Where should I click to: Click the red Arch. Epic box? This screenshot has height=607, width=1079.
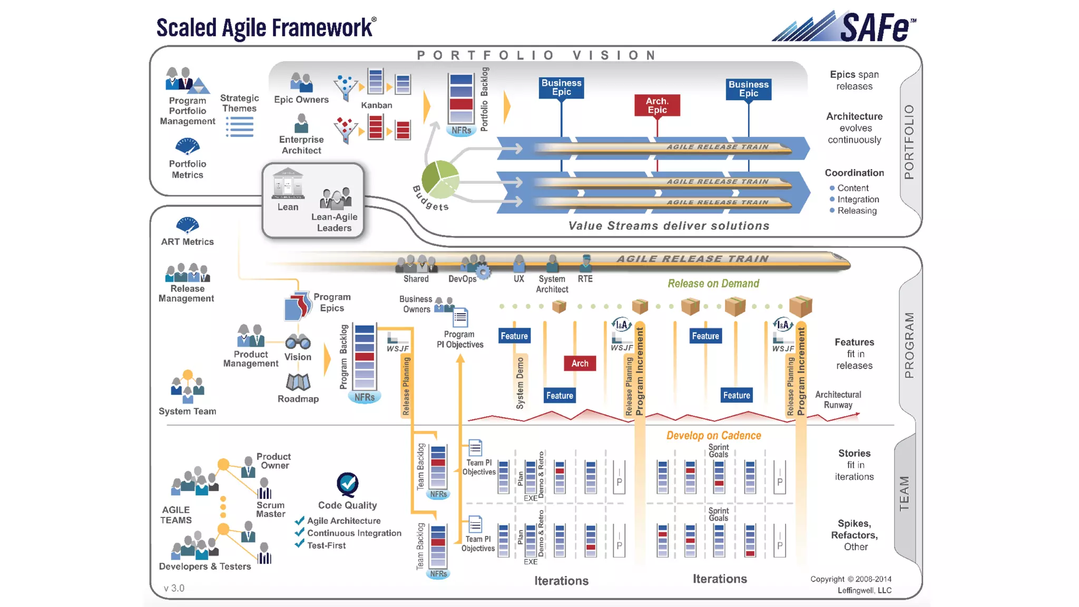click(657, 105)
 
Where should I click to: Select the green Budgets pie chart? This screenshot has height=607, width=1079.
click(440, 179)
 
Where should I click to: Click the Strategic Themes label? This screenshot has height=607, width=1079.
click(239, 103)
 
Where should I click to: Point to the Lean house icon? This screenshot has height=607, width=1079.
click(288, 183)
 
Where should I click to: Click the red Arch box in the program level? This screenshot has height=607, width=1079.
click(580, 363)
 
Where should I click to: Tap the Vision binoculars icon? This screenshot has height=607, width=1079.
click(298, 342)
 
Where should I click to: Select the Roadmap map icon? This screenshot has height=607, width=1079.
click(298, 382)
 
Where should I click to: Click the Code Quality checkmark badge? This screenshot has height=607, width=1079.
click(348, 484)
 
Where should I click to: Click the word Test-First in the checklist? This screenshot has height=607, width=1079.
click(327, 546)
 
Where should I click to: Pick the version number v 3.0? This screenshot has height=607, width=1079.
click(174, 588)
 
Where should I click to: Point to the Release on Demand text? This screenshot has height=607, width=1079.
click(713, 283)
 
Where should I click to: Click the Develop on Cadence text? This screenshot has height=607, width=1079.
click(713, 436)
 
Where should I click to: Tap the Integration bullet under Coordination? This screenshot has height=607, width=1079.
click(858, 199)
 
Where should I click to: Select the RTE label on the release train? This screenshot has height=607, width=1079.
click(585, 279)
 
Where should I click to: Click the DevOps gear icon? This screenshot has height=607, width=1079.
click(483, 272)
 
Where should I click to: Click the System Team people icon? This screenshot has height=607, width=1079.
click(187, 387)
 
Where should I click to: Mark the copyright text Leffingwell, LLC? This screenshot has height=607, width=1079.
click(864, 590)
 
